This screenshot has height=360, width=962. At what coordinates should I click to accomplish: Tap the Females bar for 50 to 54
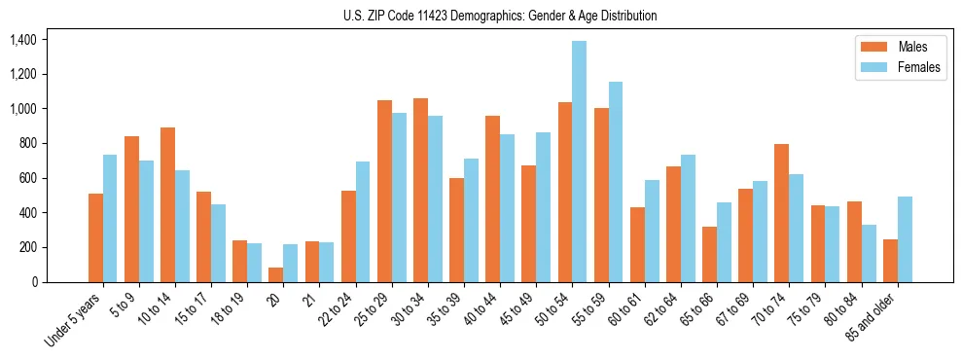point(579,162)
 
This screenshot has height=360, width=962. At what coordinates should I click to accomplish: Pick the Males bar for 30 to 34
point(420,190)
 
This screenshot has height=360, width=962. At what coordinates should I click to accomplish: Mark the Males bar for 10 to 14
point(167,204)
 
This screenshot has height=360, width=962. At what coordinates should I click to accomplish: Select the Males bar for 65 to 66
point(709,254)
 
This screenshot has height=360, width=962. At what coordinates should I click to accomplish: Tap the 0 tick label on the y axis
point(34,282)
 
